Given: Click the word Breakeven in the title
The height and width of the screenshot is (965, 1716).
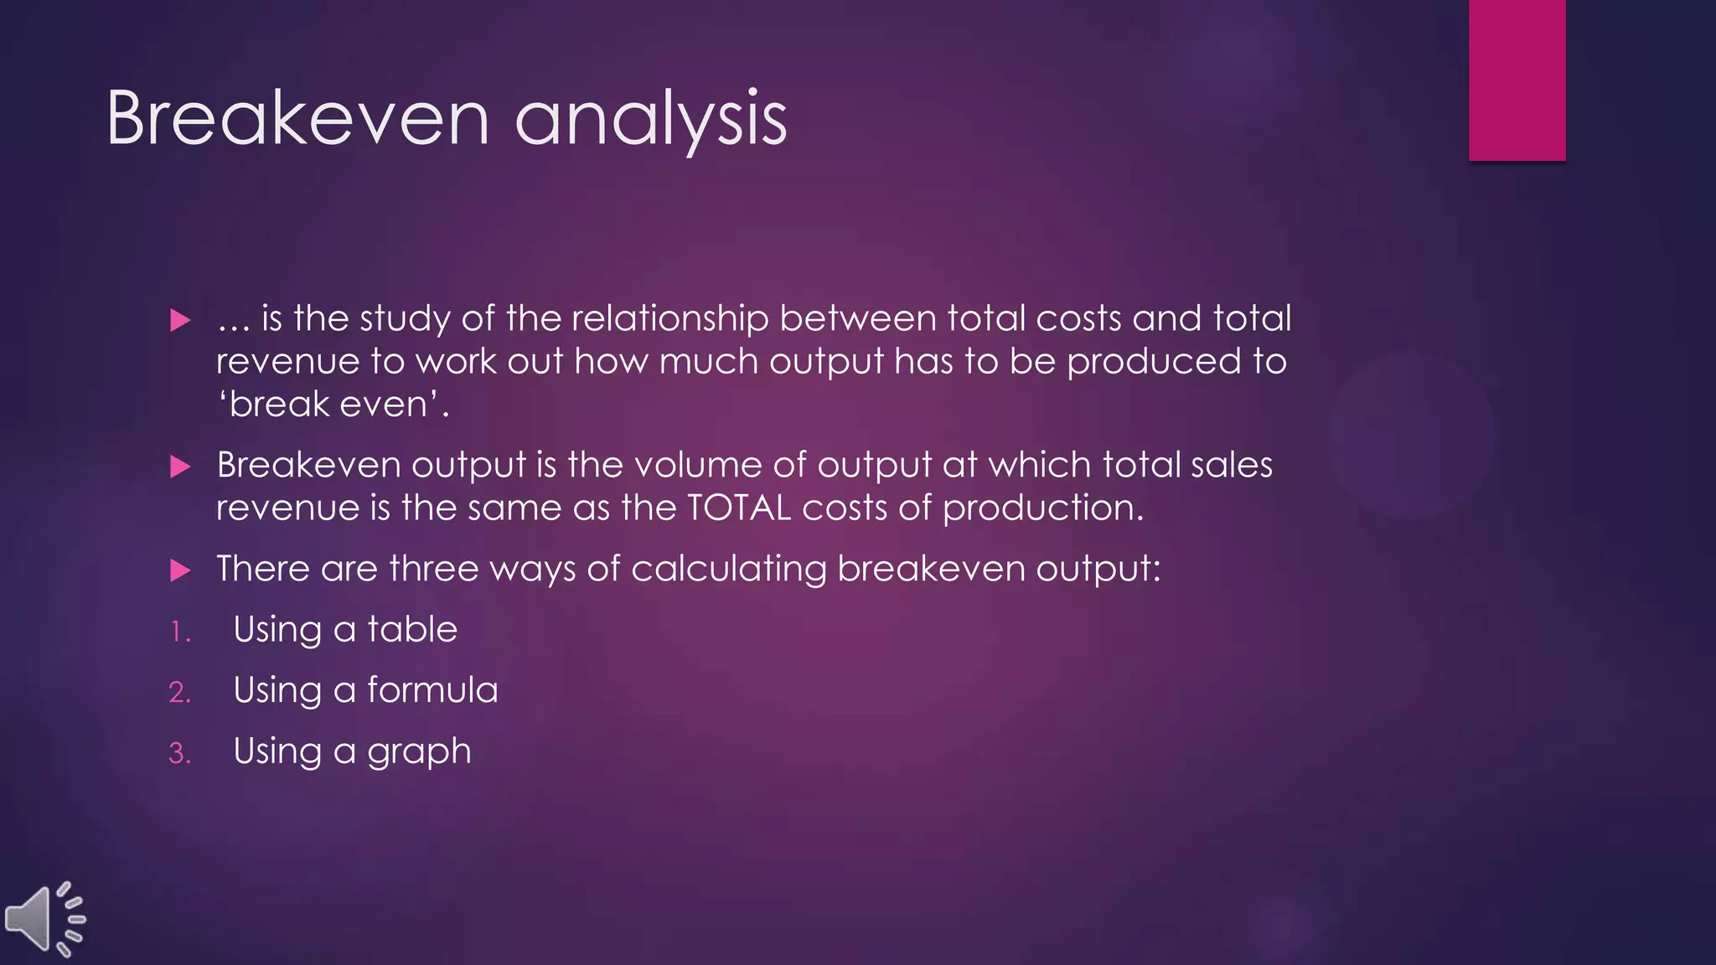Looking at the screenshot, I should [297, 119].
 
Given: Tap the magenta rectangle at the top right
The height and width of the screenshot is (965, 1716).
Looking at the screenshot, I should [1517, 80].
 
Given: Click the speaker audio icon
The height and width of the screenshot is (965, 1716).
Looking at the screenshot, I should [44, 918].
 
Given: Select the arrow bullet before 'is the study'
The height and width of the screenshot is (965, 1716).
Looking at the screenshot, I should [180, 320].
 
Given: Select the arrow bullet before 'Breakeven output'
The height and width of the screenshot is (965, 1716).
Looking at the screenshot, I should [180, 467].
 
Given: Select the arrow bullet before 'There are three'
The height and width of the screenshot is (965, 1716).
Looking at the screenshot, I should [180, 570].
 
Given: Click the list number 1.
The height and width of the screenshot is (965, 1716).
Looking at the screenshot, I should [179, 632].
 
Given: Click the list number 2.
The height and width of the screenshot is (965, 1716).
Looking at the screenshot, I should [179, 693].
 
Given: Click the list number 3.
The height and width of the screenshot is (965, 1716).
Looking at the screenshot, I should [179, 753].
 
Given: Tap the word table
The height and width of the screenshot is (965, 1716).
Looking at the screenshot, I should [412, 629].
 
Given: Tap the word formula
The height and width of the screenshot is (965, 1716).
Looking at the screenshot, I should [432, 690].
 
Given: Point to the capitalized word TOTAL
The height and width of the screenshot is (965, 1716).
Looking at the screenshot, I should [738, 508].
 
